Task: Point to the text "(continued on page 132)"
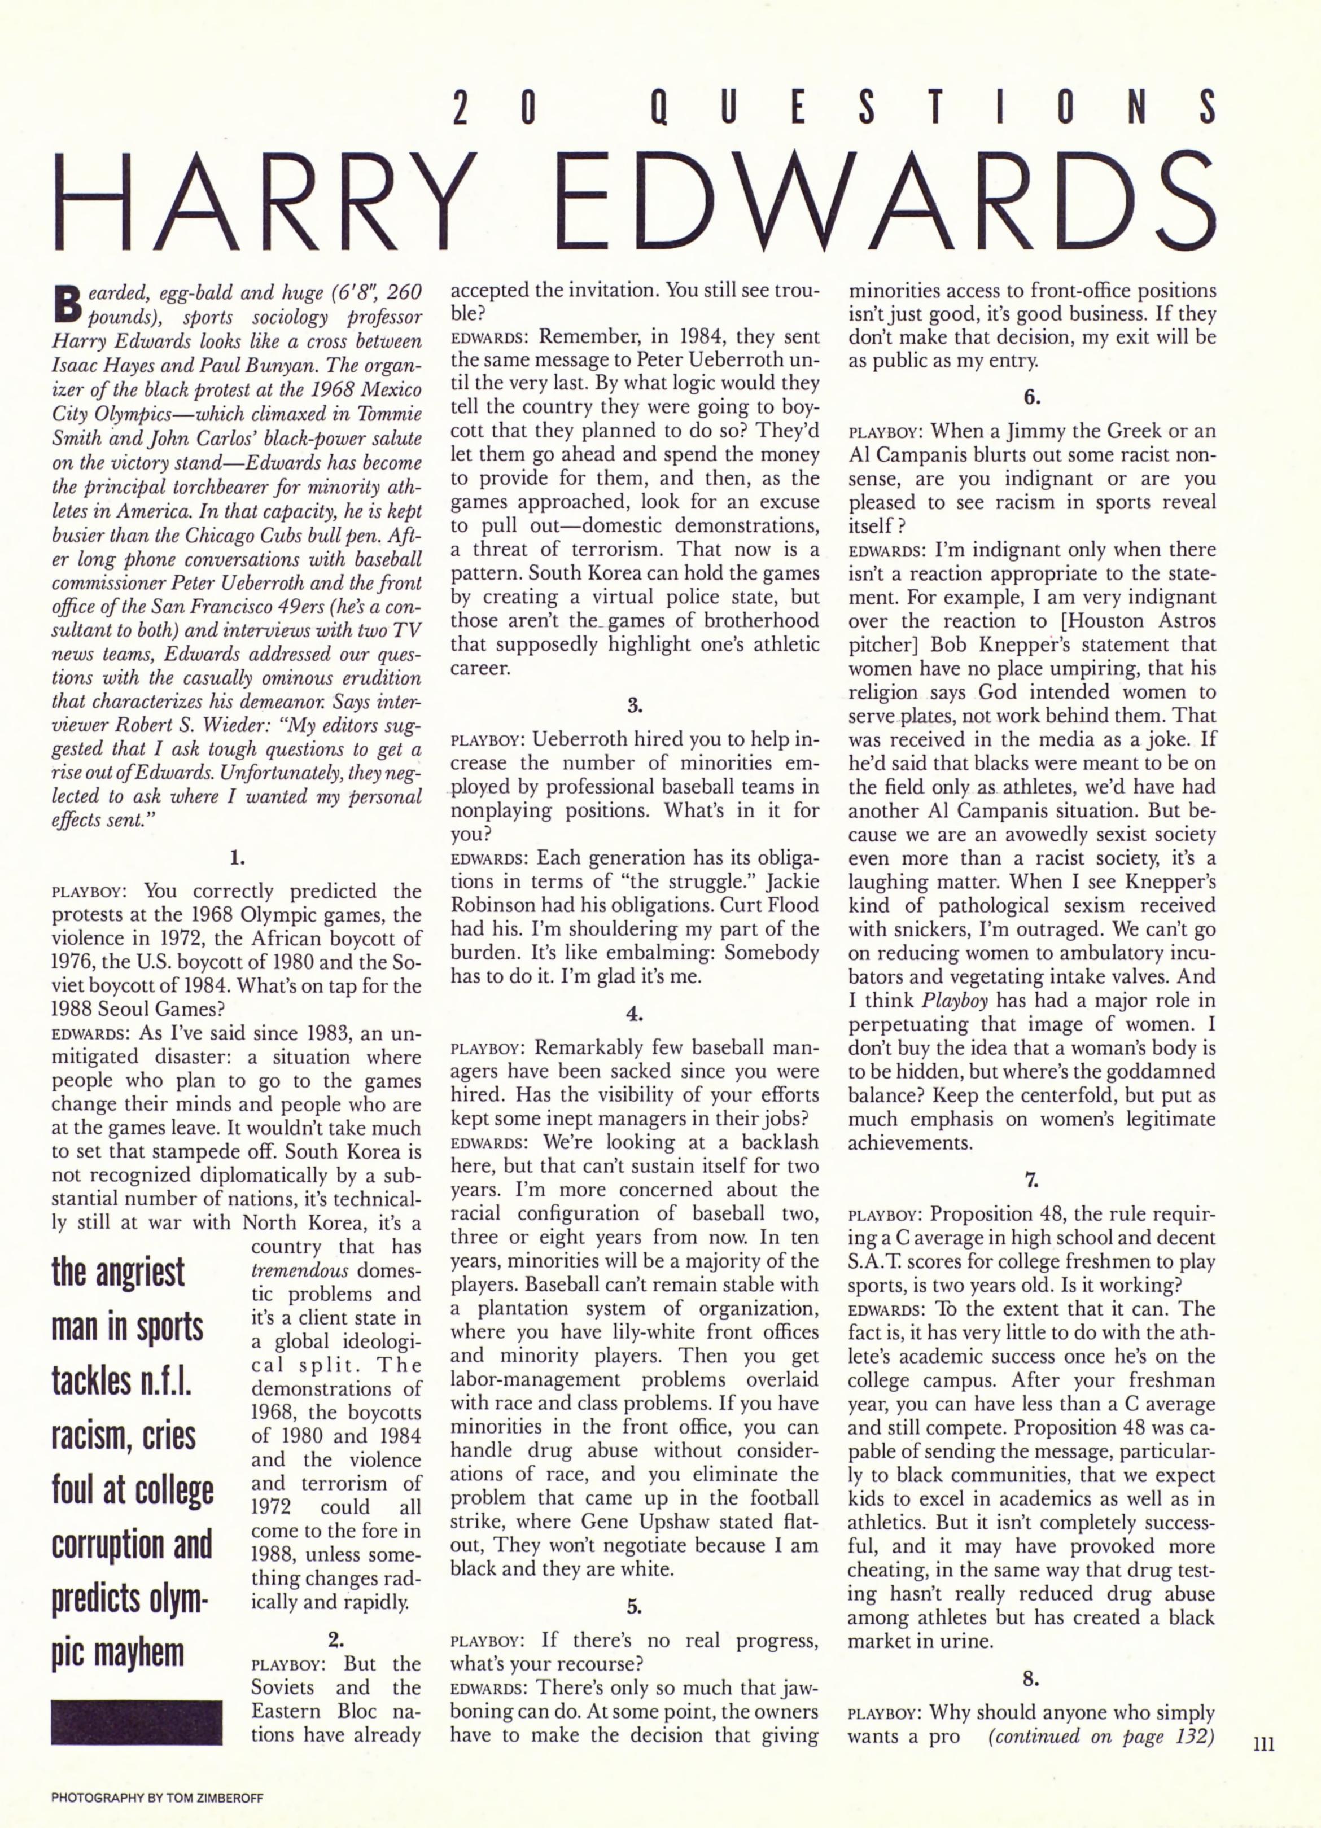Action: [x=1101, y=1734]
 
